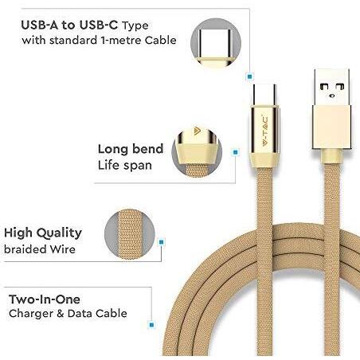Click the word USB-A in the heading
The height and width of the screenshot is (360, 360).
40,25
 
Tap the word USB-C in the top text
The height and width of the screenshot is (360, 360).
98,25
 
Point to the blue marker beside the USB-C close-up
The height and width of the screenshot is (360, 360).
249,76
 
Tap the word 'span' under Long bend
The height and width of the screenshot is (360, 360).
138,166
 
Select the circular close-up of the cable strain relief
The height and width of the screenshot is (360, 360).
197,152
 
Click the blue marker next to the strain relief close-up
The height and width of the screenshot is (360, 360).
236,152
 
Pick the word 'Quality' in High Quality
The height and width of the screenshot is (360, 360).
59,233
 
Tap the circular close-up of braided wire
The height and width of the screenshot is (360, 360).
130,234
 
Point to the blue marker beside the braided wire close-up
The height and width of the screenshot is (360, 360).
161,242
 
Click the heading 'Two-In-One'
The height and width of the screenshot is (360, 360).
45,299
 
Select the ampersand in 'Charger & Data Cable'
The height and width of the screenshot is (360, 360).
61,314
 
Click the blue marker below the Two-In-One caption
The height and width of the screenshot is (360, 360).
151,325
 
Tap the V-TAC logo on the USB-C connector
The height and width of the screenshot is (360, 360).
265,131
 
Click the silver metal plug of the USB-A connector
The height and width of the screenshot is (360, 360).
331,88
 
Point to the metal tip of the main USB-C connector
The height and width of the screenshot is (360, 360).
264,95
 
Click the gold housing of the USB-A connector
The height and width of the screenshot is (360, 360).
332,127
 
